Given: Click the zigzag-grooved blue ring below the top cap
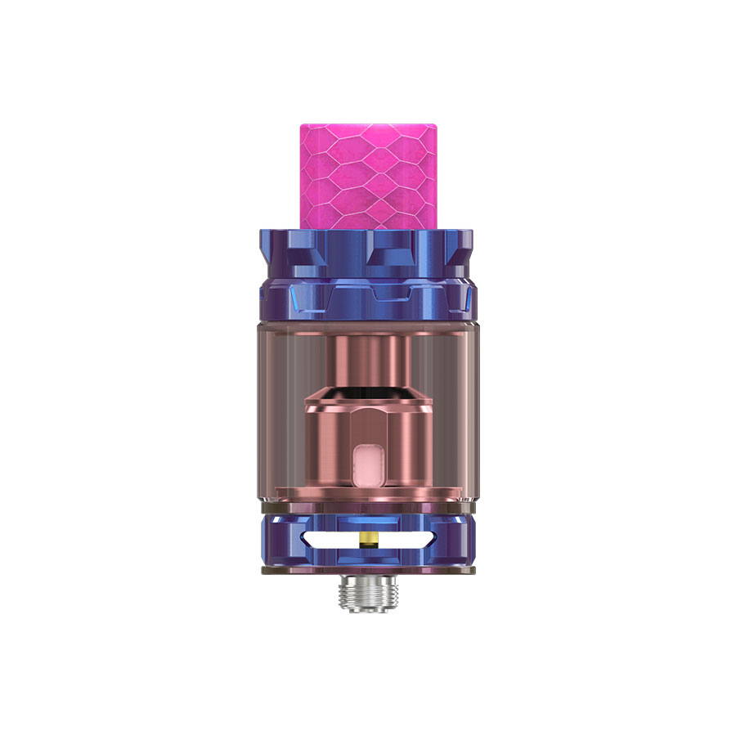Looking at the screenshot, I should (367, 298).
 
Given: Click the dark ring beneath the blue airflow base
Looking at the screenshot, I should (367, 568).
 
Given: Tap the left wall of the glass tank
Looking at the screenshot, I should (266, 409).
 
